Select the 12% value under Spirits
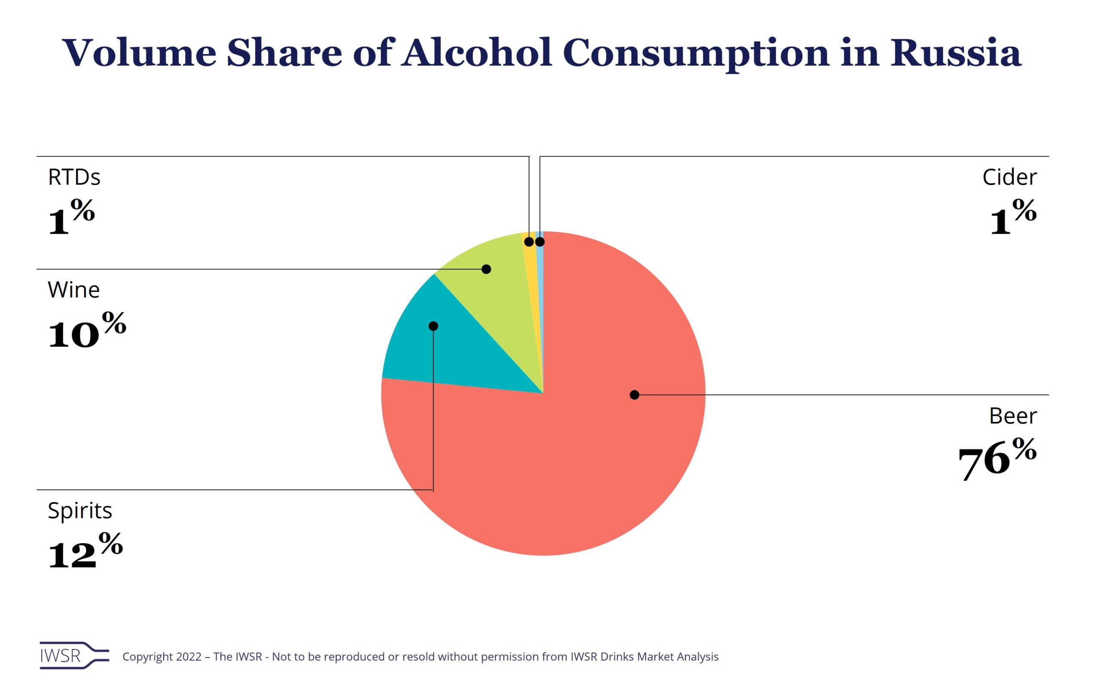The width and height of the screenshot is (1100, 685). point(85,551)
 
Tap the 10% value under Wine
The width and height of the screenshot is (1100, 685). point(86,330)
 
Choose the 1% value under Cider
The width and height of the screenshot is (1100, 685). point(1013,217)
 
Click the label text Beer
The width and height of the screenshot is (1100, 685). point(1012,416)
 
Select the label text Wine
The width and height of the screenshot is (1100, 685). point(73,290)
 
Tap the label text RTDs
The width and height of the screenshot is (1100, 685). point(74,177)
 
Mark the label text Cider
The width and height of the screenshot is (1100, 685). point(1009,177)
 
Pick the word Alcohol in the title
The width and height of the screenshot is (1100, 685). point(477,53)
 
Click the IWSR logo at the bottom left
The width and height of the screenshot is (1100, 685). point(74,655)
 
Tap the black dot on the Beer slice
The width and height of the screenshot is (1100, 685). point(635,395)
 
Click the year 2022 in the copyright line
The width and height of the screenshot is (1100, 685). point(189,657)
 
